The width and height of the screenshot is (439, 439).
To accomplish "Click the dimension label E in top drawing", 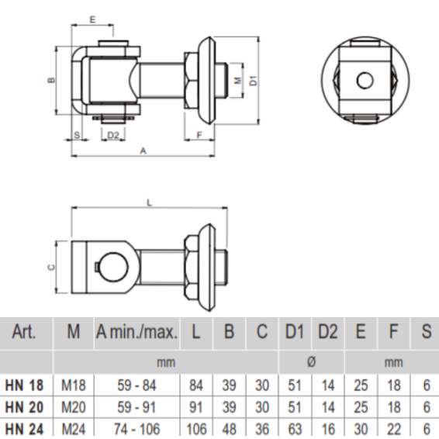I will [x=92, y=16].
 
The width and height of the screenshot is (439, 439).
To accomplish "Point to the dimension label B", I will [x=49, y=80].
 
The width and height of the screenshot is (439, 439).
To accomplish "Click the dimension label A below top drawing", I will [x=142, y=152].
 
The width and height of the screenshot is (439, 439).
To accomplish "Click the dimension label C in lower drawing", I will [x=50, y=267].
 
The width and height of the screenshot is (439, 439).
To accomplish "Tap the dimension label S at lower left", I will [x=77, y=135].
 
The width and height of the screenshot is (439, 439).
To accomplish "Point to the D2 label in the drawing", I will [x=112, y=135].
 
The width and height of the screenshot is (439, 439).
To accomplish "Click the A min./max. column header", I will [x=137, y=333].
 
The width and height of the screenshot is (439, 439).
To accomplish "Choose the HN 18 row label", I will [x=25, y=384].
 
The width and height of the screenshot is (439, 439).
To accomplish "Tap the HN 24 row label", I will [x=25, y=427].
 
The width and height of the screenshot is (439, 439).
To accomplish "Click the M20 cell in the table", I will [x=73, y=406].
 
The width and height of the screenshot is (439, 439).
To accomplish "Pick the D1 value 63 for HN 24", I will [x=293, y=428].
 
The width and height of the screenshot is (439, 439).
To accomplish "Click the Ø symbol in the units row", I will [x=310, y=362].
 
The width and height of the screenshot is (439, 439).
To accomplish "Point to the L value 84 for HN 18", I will [x=196, y=385].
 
